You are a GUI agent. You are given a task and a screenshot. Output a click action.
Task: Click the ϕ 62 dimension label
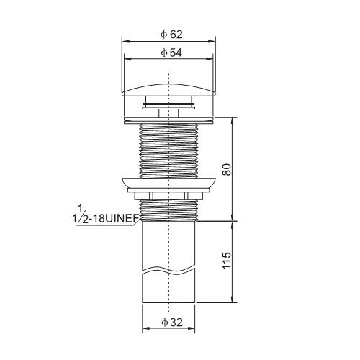click(171, 35)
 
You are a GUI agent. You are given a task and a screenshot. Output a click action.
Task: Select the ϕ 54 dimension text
click(171, 53)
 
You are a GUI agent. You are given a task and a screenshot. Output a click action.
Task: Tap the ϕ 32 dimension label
click(172, 323)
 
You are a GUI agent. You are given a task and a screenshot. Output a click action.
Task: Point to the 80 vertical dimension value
click(227, 169)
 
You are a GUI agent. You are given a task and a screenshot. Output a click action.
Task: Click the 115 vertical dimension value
click(227, 261)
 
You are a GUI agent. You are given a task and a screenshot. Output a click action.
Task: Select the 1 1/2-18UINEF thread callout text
click(106, 215)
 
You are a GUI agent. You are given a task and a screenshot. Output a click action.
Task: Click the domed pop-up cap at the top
click(168, 90)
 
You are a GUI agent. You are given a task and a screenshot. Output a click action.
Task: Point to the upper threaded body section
click(168, 151)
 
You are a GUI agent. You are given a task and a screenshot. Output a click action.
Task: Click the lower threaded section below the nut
click(168, 210)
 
